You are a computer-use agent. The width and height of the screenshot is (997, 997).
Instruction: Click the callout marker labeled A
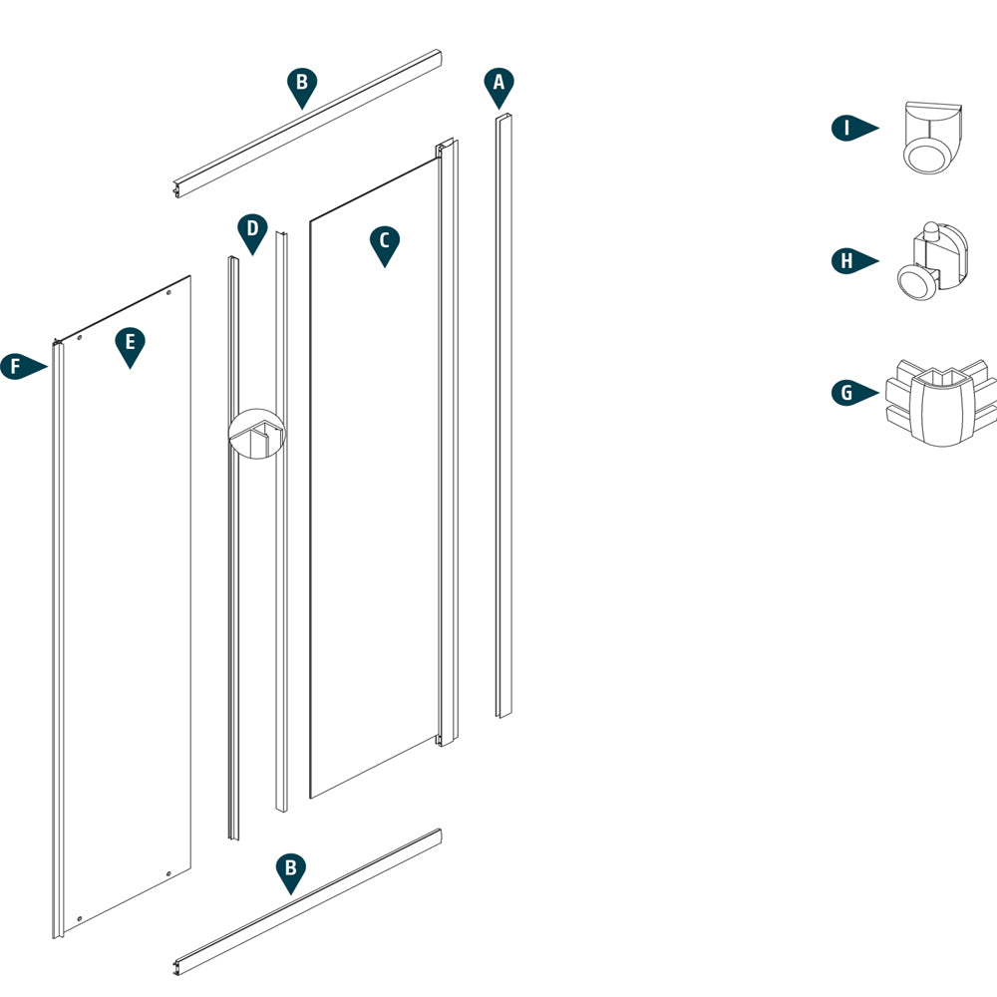click(499, 86)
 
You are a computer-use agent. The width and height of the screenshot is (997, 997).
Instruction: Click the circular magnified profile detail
click(256, 434)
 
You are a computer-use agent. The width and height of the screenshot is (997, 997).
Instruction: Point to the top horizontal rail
click(307, 122)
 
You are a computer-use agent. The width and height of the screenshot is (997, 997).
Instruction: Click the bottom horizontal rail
click(307, 902)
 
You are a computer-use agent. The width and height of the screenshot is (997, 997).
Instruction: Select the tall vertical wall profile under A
click(503, 419)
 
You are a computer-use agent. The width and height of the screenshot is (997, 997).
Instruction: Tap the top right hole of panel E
click(168, 294)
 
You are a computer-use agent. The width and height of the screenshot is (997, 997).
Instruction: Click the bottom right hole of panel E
click(168, 873)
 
